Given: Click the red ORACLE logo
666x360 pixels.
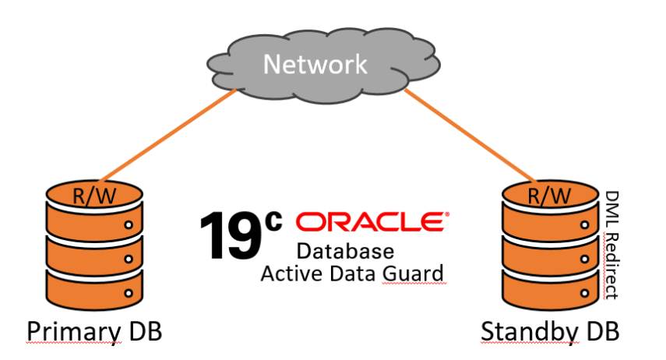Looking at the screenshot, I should pos(372,223).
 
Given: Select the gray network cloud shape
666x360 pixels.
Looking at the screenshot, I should pos(234,66).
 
